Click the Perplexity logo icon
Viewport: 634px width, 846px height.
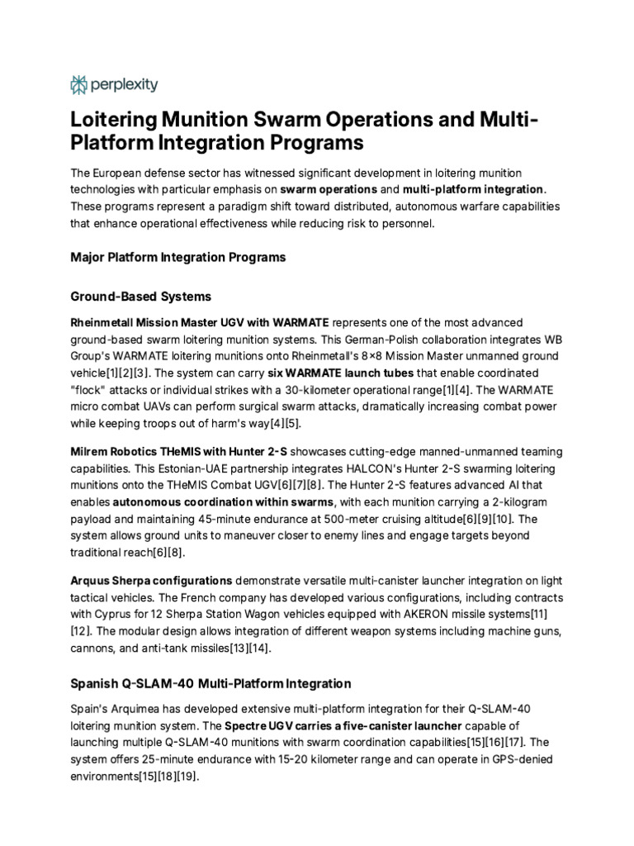click(79, 84)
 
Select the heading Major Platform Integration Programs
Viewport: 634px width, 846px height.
click(177, 257)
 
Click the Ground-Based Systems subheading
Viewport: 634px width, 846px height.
click(140, 296)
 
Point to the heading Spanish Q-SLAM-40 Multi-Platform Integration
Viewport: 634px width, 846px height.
click(211, 683)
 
